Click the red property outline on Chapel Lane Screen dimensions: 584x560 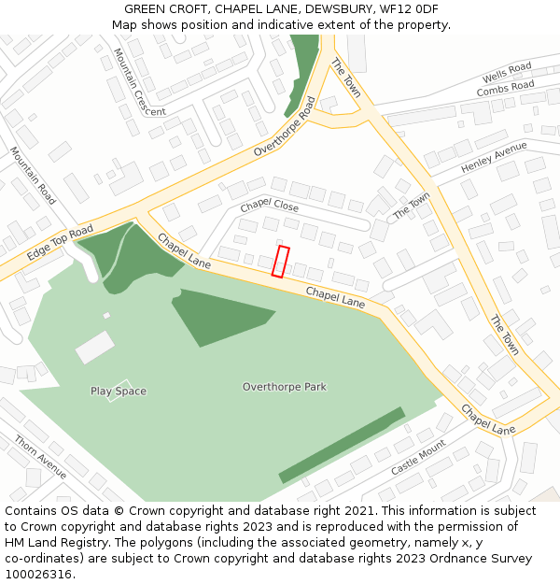tap(280, 262)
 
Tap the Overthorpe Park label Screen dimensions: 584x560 tap(285, 387)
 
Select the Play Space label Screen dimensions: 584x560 tap(119, 391)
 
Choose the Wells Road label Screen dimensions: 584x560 tap(507, 73)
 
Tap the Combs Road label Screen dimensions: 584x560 tap(505, 90)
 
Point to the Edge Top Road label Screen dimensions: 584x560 tap(60, 242)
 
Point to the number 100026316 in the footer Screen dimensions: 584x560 tap(40, 574)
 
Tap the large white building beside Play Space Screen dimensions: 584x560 tap(94, 348)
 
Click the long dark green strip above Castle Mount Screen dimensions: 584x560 tap(342, 445)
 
